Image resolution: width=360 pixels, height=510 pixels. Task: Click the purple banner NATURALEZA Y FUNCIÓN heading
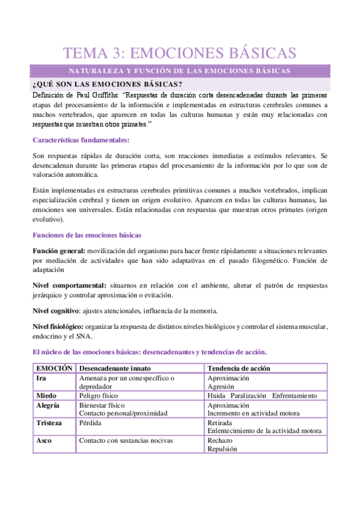(x=180, y=71)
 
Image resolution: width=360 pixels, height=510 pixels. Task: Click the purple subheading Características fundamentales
(x=81, y=140)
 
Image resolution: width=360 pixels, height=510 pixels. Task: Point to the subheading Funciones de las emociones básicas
(x=87, y=234)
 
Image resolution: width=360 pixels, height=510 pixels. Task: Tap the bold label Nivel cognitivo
(x=55, y=310)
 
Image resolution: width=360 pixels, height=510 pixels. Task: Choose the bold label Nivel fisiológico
(x=58, y=327)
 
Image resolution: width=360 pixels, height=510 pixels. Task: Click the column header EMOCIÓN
(x=54, y=367)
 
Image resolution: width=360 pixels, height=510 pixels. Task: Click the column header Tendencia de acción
(x=239, y=367)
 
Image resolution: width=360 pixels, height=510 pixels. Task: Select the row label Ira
(x=42, y=378)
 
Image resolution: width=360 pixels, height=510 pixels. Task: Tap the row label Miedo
(x=47, y=396)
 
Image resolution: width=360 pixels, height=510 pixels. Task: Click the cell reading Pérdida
(x=91, y=423)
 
